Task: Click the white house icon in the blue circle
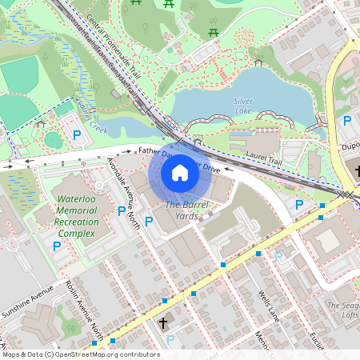[180, 173]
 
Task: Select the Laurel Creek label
[93, 117]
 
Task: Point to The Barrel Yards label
[182, 210]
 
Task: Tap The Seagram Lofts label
[343, 310]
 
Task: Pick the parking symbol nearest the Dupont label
[347, 122]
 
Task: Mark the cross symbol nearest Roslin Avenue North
[163, 322]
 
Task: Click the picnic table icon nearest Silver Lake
[214, 32]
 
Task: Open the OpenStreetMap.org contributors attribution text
[108, 354]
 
